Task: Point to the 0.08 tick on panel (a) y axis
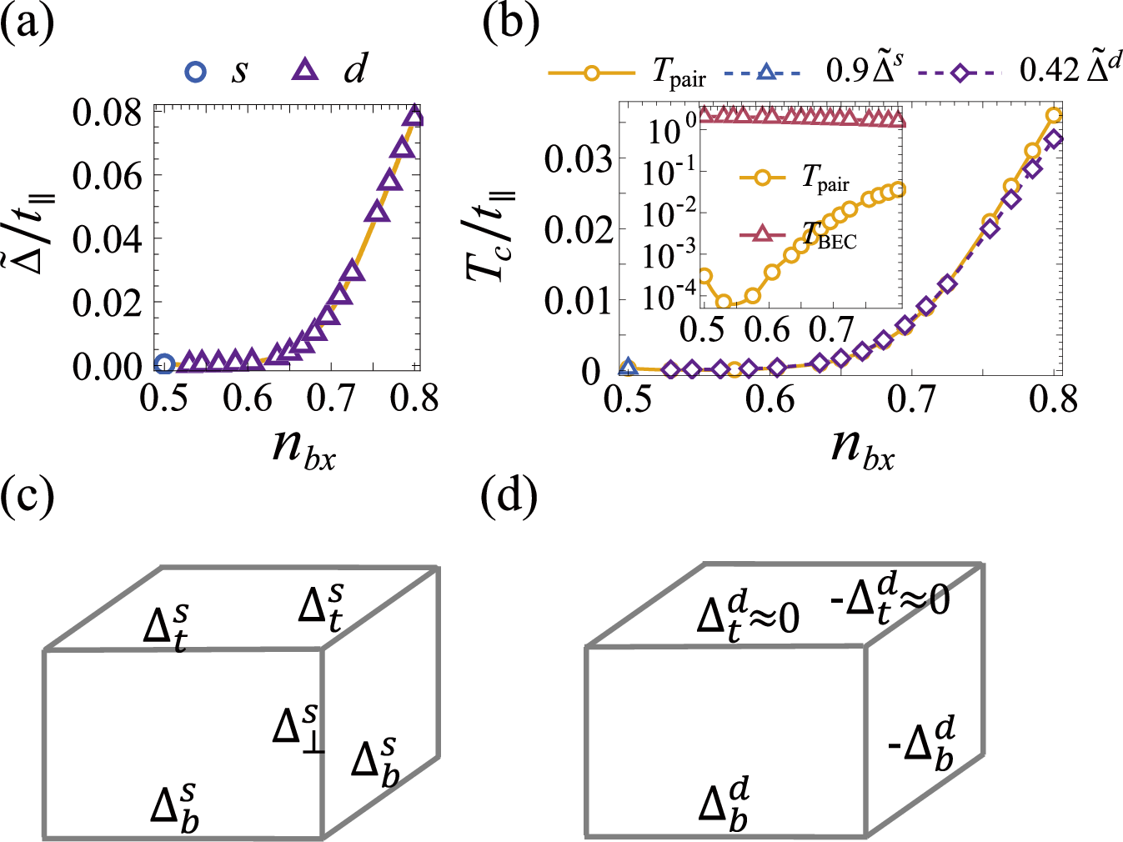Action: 107,113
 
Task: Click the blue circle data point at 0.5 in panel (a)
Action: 165,363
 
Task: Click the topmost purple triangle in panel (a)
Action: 413,117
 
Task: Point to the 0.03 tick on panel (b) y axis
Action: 579,158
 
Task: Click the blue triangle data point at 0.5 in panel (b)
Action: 629,367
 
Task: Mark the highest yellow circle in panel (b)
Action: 1054,116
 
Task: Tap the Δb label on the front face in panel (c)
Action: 175,807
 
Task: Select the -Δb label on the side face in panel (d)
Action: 922,744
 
